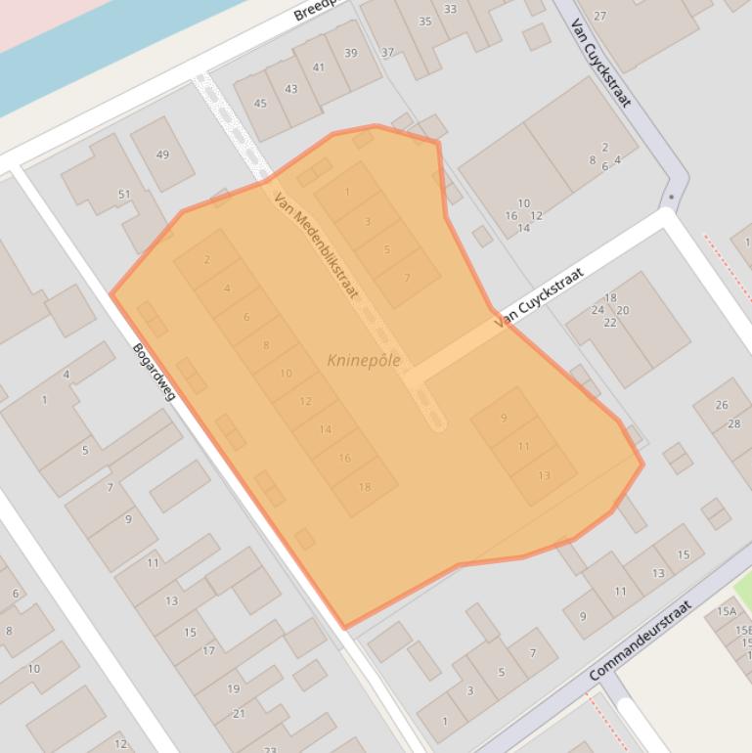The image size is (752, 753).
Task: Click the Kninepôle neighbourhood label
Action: point(364,361)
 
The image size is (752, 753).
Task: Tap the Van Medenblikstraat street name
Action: point(316,244)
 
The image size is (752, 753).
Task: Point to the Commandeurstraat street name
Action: point(641,641)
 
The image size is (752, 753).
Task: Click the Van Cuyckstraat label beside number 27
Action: point(600,64)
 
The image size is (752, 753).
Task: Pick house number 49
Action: point(162,155)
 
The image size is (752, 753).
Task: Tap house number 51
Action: point(124,195)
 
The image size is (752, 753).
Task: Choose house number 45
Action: point(260,104)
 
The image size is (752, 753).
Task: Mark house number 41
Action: point(318,67)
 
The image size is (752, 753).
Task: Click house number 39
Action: point(351,53)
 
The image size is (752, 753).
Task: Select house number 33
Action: point(450,9)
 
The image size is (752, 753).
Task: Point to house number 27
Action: point(599,16)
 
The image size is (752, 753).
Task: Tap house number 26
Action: point(722,405)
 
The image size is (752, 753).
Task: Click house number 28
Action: point(734,423)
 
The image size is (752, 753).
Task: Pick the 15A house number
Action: point(727,611)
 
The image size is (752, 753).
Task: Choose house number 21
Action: point(239,714)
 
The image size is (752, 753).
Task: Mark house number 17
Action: point(208,651)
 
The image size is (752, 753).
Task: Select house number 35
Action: point(425,22)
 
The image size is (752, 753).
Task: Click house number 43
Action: point(290,89)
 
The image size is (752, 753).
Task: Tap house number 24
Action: point(597,310)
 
